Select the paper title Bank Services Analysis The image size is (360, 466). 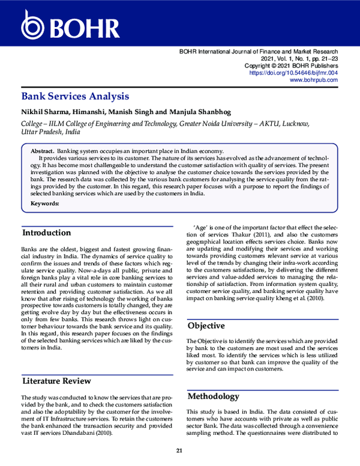(75, 96)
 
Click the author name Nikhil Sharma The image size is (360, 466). (45, 112)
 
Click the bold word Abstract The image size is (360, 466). (43, 151)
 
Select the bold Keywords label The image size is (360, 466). (45, 204)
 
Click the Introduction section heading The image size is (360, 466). (47, 233)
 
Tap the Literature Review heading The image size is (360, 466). (56, 381)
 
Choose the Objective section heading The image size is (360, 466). (207, 326)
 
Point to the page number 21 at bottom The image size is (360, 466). (179, 451)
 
